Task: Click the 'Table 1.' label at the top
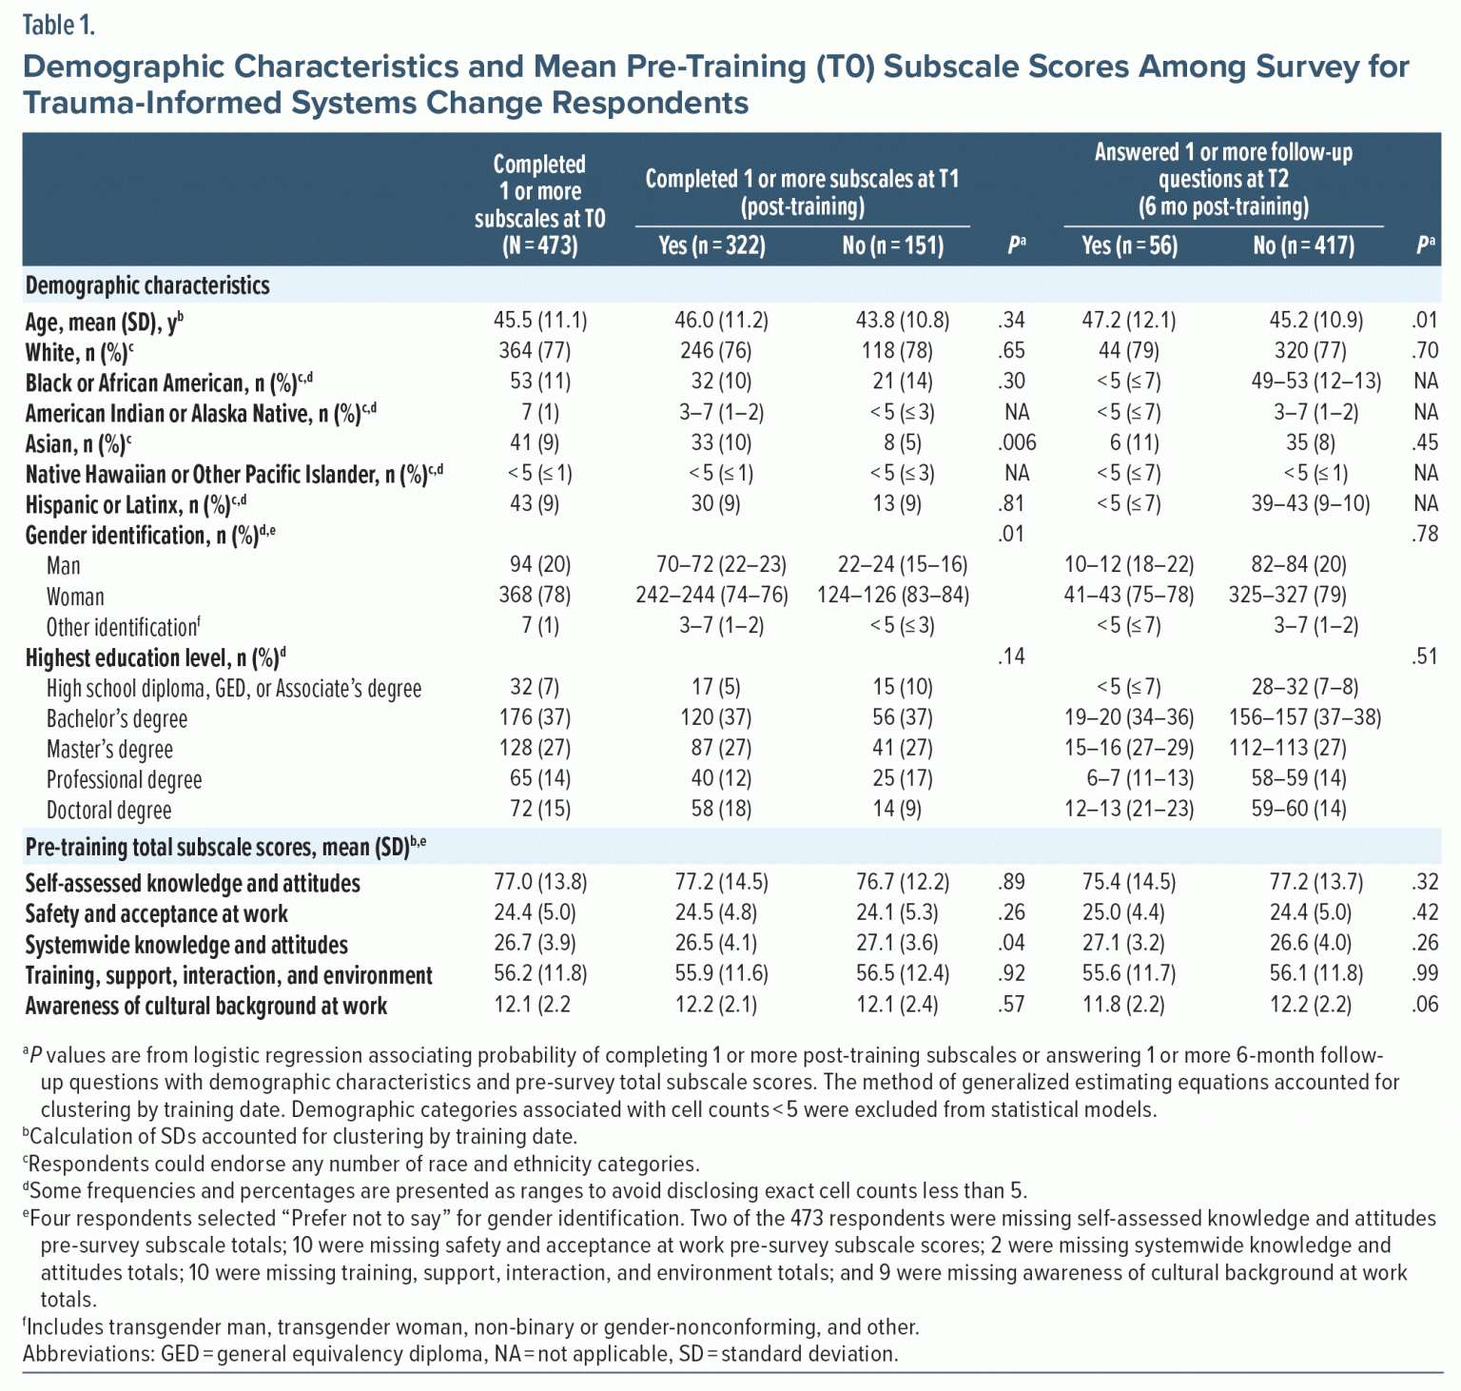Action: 59,26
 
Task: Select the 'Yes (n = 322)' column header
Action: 711,245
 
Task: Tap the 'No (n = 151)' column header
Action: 893,245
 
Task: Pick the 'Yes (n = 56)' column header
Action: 1129,245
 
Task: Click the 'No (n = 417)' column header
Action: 1303,245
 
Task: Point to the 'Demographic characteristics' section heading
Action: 147,285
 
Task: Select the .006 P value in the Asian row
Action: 1017,442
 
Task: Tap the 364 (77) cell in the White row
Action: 535,351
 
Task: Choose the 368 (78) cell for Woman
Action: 535,595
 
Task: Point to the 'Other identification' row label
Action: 123,628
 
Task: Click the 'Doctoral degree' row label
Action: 108,811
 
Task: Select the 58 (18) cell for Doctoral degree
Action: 721,809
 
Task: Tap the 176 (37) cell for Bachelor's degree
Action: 535,717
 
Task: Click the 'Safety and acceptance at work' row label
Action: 156,914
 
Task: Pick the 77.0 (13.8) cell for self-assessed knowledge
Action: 540,882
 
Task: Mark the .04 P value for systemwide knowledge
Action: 1012,943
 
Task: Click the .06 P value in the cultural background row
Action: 1425,1004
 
